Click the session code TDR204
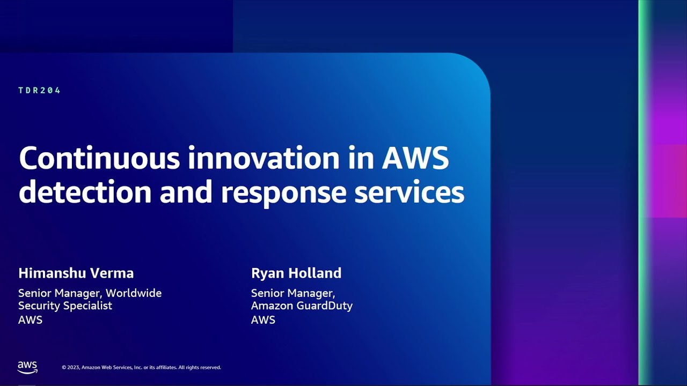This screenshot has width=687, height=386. click(39, 91)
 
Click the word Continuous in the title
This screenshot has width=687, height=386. click(99, 158)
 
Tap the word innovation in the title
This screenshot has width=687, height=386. click(264, 158)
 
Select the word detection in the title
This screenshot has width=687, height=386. click(85, 191)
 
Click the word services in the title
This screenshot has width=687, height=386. click(410, 191)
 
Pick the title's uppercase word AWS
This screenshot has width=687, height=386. click(415, 158)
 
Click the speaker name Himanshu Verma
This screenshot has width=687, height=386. click(76, 273)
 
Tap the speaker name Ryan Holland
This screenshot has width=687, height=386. click(296, 273)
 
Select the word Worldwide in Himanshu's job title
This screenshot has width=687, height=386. click(134, 293)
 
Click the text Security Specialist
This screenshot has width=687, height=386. click(65, 306)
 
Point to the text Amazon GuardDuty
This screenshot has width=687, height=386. click(302, 306)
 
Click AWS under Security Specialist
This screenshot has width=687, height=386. click(31, 320)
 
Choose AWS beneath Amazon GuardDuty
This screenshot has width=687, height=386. click(263, 320)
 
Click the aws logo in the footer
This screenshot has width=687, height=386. click(27, 367)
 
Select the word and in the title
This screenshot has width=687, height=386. click(186, 191)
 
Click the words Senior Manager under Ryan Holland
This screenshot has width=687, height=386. click(293, 293)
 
